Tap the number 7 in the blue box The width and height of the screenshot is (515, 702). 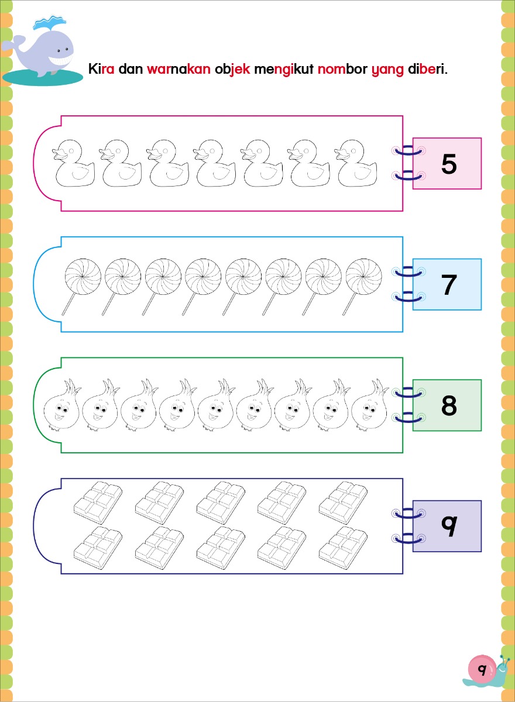449,284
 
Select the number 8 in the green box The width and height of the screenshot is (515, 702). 449,405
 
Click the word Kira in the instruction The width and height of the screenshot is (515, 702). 101,68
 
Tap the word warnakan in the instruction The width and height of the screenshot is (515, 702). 178,69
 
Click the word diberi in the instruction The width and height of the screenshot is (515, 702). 428,68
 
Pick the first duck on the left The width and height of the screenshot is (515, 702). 73,163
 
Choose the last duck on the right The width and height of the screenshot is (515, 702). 355,163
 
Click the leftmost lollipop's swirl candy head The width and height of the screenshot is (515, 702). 83,276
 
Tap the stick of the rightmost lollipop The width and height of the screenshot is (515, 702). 350,304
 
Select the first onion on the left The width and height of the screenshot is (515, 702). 61,405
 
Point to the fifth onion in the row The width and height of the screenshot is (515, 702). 215,405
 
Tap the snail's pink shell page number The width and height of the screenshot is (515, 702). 482,669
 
